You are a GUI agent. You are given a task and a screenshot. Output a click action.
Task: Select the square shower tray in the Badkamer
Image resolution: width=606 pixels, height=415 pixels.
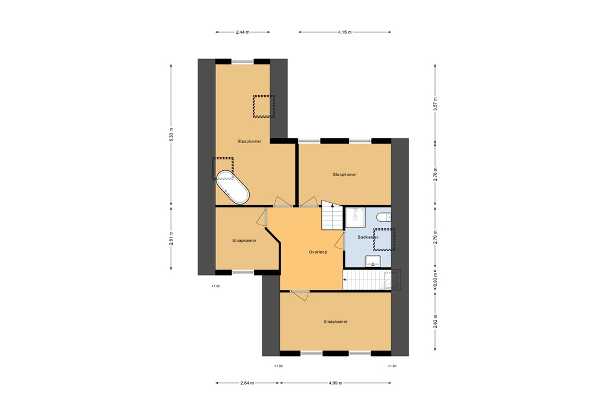point(354,217)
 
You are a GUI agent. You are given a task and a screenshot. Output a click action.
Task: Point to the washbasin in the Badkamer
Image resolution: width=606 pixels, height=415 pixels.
point(373,261)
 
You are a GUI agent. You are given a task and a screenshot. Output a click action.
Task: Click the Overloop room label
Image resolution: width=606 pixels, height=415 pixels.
point(318,252)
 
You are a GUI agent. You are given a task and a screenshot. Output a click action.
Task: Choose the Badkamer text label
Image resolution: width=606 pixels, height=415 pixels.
point(368,237)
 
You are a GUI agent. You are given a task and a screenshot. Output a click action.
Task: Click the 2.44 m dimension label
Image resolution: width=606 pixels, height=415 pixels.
point(242,32)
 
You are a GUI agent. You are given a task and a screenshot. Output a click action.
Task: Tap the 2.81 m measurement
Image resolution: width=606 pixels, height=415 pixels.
point(171,238)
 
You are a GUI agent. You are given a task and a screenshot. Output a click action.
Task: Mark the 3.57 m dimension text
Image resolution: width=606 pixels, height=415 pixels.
point(435,104)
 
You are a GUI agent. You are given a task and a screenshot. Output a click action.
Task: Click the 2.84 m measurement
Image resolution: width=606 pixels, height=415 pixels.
point(247,382)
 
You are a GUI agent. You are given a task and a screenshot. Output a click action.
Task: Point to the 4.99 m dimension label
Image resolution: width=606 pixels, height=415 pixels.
point(335,382)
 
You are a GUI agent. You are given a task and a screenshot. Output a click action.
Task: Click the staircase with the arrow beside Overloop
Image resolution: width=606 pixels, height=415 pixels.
point(332,216)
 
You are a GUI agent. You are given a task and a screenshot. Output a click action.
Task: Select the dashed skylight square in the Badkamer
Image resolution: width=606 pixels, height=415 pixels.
point(382,238)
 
